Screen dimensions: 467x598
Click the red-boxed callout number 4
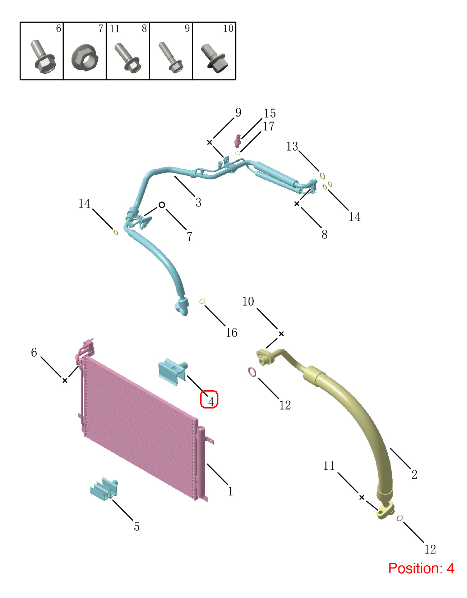[211, 402]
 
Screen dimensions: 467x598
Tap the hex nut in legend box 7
[85, 58]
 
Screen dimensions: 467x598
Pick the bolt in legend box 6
[43, 57]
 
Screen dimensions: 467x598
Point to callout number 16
[231, 333]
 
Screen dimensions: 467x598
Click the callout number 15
[270, 113]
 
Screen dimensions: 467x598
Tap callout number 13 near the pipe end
[292, 146]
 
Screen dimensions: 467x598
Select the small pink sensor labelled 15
[237, 141]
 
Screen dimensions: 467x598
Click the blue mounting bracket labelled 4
[172, 371]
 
